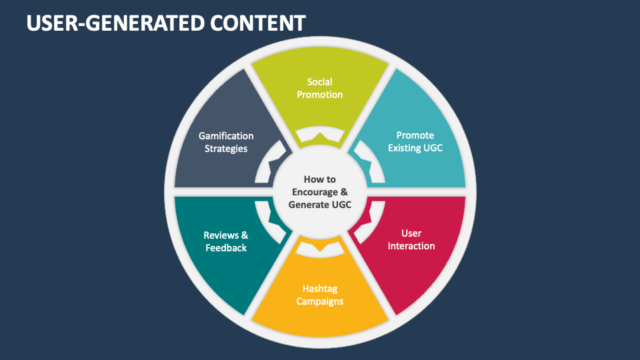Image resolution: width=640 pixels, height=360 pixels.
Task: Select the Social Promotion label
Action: pos(320,89)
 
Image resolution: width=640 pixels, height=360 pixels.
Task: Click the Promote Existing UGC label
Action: pos(415,141)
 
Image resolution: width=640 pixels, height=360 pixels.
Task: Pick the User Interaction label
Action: pos(411,239)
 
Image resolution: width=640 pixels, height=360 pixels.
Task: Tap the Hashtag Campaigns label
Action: pos(321,295)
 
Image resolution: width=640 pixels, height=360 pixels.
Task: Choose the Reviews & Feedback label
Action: pos(225,241)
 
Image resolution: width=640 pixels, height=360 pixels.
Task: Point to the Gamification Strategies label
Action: pos(226,142)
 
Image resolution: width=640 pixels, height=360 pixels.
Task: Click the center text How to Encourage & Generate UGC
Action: pos(320,192)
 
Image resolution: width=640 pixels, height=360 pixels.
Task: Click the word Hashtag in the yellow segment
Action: pos(321,289)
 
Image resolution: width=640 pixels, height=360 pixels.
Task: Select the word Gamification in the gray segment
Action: pos(226,136)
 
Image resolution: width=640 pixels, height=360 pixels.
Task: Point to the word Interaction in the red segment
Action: pos(411,246)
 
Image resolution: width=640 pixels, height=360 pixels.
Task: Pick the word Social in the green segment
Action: pos(320,82)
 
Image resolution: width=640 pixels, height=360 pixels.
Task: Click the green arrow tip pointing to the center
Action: pos(320,136)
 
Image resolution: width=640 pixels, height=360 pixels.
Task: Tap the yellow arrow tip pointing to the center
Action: pos(320,248)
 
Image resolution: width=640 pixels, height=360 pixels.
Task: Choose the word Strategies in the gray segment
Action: pos(226,149)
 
